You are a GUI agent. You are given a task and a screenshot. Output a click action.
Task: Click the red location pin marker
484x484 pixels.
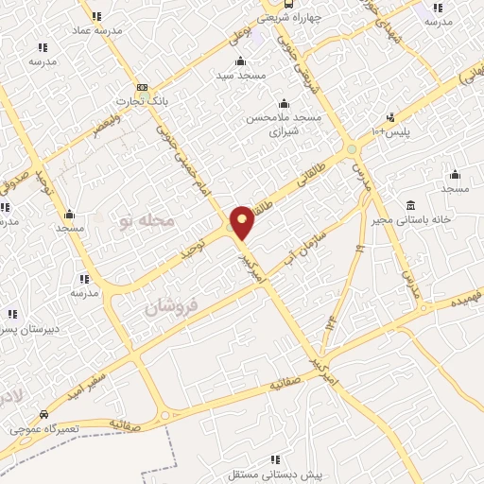coord(243,222)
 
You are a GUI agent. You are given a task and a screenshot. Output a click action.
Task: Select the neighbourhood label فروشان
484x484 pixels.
coord(171,307)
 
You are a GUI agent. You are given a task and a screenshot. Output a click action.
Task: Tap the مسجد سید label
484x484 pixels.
coord(241,74)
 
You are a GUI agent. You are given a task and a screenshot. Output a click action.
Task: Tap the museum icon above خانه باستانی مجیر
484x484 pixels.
coord(410,206)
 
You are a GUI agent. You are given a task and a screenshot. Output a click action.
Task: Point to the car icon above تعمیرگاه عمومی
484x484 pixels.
coord(43,415)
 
